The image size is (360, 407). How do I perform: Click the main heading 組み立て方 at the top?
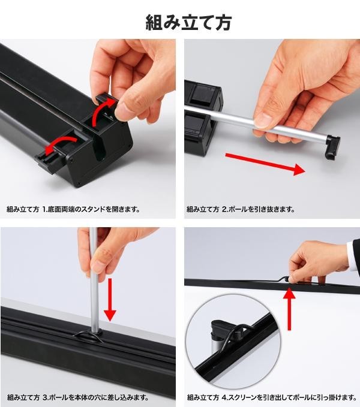188,22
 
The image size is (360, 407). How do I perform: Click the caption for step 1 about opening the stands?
73,209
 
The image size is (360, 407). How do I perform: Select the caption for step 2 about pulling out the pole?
241,209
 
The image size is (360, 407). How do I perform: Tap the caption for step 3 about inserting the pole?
77,397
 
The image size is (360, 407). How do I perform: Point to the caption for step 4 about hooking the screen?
272,397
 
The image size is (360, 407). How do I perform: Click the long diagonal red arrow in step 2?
265,163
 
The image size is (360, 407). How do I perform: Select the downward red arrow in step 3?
110,300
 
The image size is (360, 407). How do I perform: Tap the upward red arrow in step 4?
289,309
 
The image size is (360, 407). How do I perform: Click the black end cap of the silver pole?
332,147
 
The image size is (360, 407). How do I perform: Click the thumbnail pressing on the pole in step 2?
263,120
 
